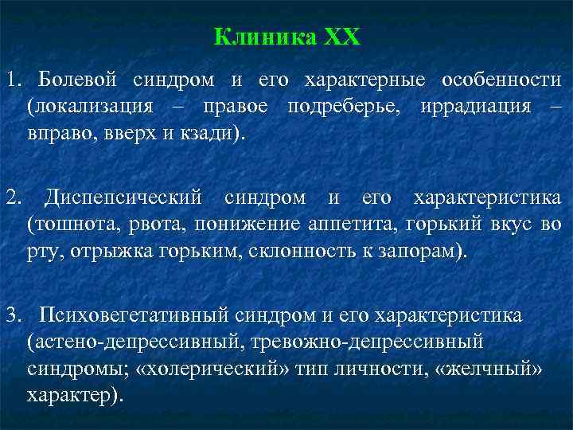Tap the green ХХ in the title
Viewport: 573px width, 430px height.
point(342,37)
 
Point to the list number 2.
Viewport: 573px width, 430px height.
point(13,197)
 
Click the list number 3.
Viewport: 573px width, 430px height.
point(13,316)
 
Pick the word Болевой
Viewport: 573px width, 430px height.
point(77,81)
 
